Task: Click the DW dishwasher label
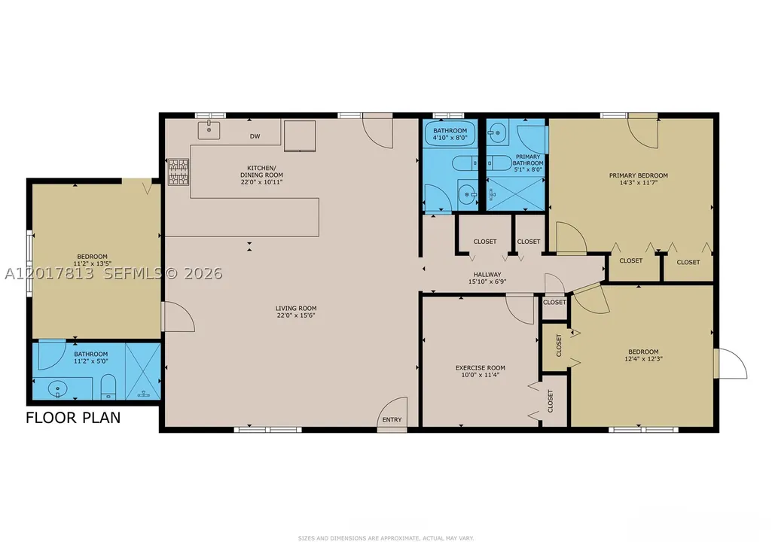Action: [255, 136]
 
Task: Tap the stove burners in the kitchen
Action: [179, 172]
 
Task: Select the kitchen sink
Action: [209, 130]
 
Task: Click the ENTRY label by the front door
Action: [392, 419]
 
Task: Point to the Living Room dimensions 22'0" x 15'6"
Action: [296, 315]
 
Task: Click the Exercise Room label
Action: [480, 367]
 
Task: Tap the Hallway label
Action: [487, 275]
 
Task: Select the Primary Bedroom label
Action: [639, 175]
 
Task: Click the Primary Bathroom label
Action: [528, 160]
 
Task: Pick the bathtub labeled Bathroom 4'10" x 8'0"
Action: [450, 134]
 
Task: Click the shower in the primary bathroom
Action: [515, 194]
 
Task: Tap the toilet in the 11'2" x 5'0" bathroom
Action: [108, 387]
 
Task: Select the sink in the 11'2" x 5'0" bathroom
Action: [58, 389]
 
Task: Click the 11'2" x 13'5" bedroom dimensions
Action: [90, 263]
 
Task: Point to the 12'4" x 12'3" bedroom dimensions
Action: [643, 358]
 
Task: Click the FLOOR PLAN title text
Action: [73, 418]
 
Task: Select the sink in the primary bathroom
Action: [498, 132]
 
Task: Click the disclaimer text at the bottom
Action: [386, 538]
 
